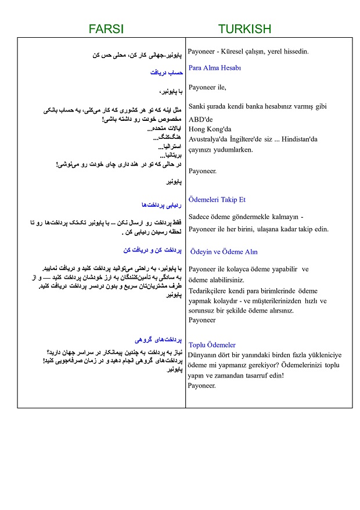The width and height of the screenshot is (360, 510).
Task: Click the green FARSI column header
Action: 106,28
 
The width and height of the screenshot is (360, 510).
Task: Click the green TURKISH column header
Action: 244,28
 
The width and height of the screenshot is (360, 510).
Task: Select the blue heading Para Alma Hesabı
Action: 215,68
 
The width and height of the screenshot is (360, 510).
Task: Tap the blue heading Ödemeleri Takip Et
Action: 217,199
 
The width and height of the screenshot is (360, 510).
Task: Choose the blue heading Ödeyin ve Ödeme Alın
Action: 224,252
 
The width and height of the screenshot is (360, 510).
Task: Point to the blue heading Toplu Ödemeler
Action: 212,344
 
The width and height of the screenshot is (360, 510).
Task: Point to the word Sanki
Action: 199,106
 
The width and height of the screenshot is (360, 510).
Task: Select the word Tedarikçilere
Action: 213,290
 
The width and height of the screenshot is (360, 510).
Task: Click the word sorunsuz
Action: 203,310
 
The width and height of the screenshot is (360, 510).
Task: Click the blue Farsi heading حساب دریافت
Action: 167,73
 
